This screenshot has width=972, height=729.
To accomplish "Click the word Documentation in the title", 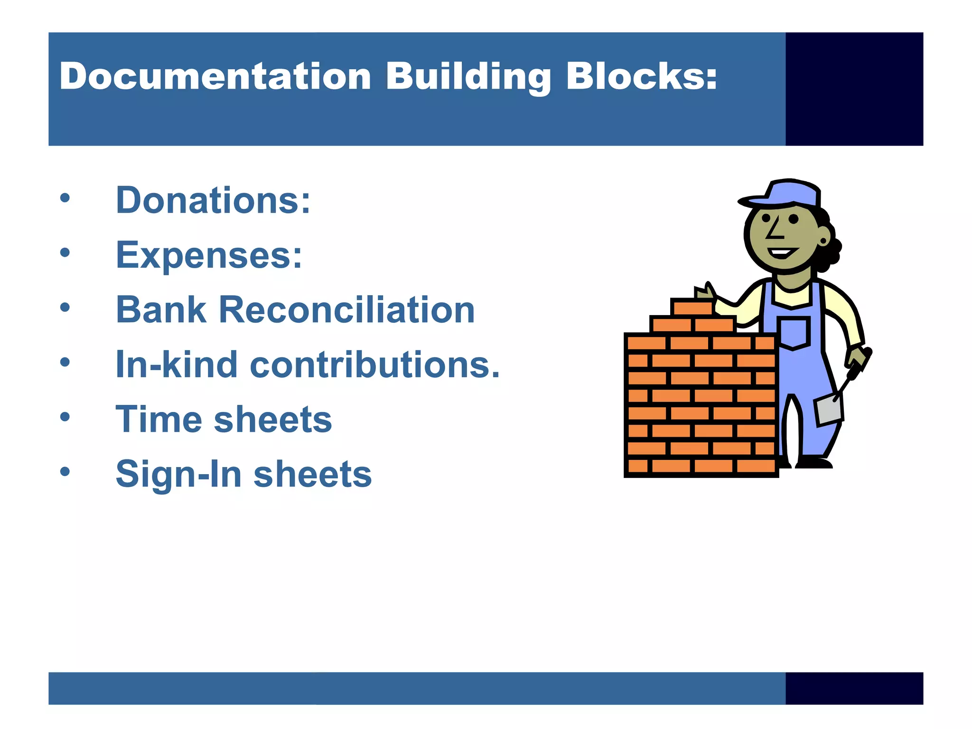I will pyautogui.click(x=215, y=77).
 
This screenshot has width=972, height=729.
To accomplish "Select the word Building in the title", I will pyautogui.click(x=468, y=77).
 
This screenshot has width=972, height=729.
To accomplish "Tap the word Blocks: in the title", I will pyautogui.click(x=641, y=77).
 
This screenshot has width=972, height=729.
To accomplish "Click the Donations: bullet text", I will pyautogui.click(x=213, y=201).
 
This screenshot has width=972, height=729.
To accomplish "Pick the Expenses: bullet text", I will pyautogui.click(x=209, y=255).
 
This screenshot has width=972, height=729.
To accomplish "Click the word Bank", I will pyautogui.click(x=161, y=310).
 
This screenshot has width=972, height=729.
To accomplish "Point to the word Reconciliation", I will pyautogui.click(x=346, y=310).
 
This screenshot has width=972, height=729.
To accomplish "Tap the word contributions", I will pyautogui.click(x=375, y=364).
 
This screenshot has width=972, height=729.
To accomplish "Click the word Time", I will pyautogui.click(x=159, y=420).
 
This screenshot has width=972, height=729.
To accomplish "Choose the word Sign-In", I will pyautogui.click(x=178, y=474).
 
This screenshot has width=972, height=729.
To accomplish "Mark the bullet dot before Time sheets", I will pyautogui.click(x=65, y=417).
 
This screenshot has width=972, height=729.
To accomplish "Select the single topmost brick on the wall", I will pyautogui.click(x=692, y=308).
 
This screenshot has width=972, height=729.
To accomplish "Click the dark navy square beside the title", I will pyautogui.click(x=854, y=89).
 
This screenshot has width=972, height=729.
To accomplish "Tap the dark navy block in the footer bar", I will pyautogui.click(x=854, y=688).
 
